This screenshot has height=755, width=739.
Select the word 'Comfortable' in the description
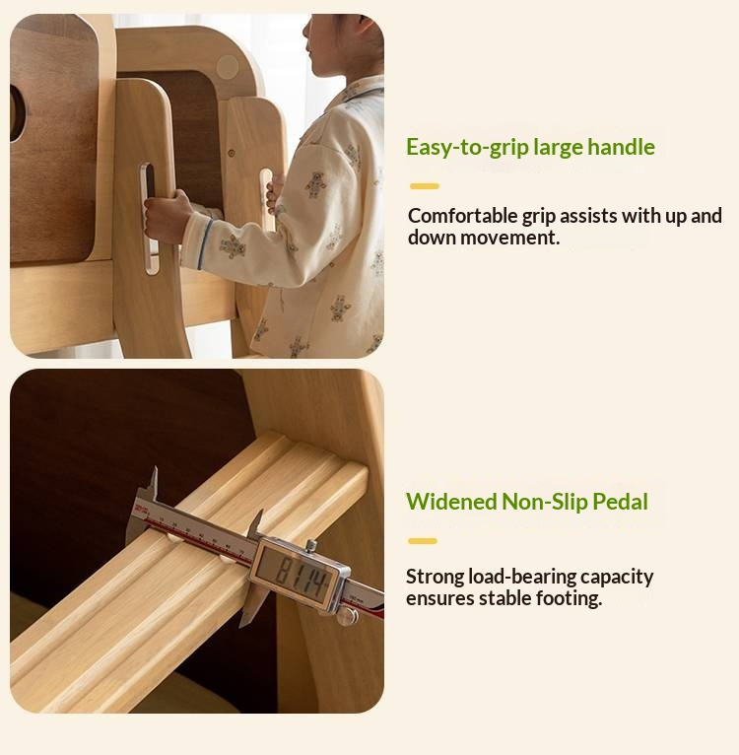coord(462,216)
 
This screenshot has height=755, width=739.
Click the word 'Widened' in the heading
coord(451,502)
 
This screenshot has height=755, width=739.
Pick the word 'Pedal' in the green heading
coord(620,502)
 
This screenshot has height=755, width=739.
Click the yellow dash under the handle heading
coord(424,186)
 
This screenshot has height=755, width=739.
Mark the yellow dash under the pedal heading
coord(423,541)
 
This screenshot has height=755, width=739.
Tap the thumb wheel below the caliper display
coord(348,616)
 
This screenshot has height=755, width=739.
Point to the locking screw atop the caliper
coord(311,545)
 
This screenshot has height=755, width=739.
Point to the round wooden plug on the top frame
coord(228,67)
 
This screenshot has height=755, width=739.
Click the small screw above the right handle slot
coord(232,153)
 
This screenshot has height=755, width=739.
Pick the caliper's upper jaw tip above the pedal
coord(155,468)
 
